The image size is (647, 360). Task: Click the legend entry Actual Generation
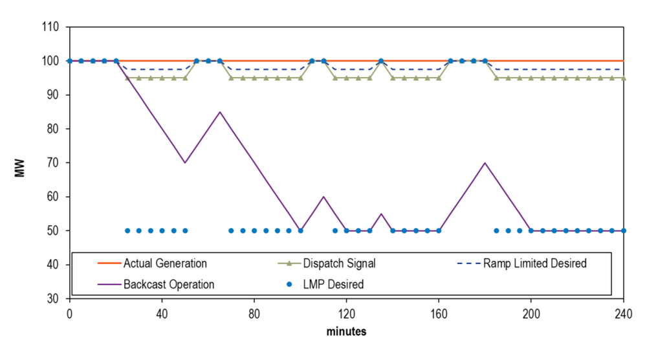166,264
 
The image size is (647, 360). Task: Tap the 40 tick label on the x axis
162,310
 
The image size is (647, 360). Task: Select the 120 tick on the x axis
346,310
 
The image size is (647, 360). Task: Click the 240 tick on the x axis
624,310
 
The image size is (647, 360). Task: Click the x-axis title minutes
346,332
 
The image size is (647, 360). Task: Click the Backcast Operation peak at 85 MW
220,112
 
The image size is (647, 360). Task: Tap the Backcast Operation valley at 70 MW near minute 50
185,163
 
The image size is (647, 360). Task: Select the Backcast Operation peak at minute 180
485,163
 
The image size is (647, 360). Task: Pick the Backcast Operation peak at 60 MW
323,197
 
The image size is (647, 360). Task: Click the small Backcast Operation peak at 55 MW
381,214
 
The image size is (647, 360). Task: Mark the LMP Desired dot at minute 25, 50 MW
127,231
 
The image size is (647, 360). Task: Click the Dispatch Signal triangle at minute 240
623,78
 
